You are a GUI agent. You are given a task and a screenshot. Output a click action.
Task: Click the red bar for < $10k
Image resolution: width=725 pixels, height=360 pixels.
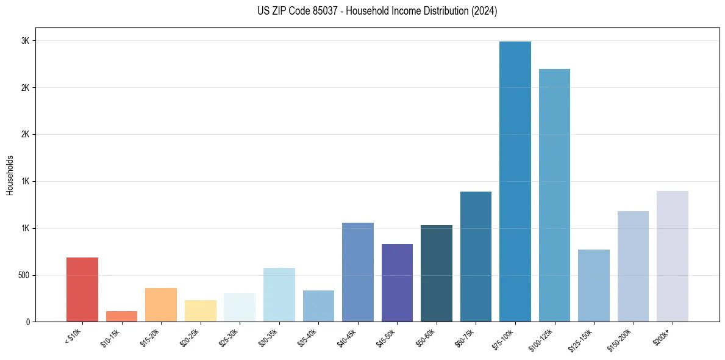click(82, 290)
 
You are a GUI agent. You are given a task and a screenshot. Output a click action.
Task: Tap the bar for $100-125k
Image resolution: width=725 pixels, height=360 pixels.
click(554, 195)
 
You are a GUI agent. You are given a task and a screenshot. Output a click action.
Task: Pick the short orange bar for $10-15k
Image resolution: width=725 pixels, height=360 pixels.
click(121, 317)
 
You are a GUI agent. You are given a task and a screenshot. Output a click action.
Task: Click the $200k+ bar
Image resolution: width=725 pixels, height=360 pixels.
click(673, 256)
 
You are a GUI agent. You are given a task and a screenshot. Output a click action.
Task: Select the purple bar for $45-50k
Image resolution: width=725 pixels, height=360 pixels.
click(397, 283)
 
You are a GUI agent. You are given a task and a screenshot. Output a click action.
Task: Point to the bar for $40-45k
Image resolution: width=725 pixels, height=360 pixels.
click(358, 272)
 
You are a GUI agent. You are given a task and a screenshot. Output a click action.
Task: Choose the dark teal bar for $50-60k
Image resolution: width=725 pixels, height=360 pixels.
click(437, 273)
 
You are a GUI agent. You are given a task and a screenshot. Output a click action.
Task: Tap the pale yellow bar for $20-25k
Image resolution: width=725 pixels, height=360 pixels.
click(200, 311)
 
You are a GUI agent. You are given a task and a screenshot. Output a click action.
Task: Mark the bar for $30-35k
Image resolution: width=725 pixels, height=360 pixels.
click(279, 295)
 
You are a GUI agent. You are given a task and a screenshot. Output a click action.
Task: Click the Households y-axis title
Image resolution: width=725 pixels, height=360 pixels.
click(10, 175)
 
